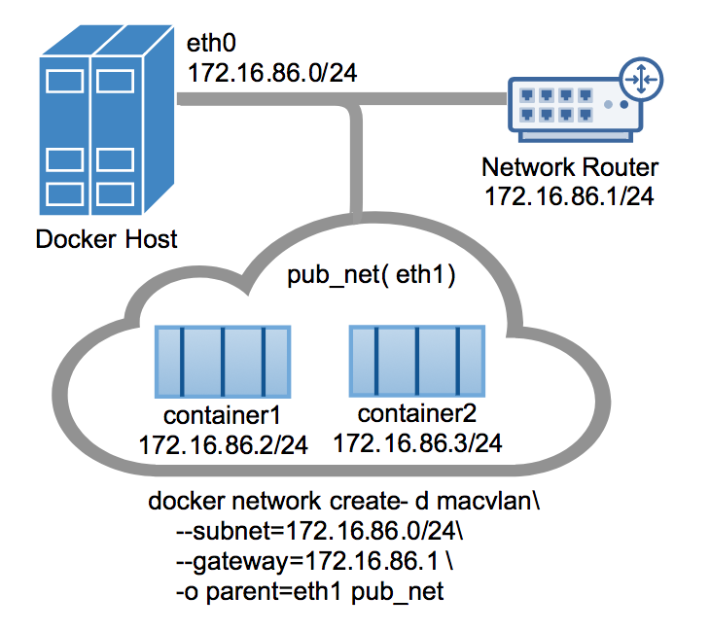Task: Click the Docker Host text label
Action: [x=107, y=238]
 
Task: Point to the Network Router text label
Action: [x=569, y=167]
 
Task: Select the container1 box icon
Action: [x=223, y=361]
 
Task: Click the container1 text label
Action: [x=223, y=416]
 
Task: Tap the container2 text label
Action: [x=417, y=412]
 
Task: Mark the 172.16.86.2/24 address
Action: [x=224, y=446]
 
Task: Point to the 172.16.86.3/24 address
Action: [x=417, y=442]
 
